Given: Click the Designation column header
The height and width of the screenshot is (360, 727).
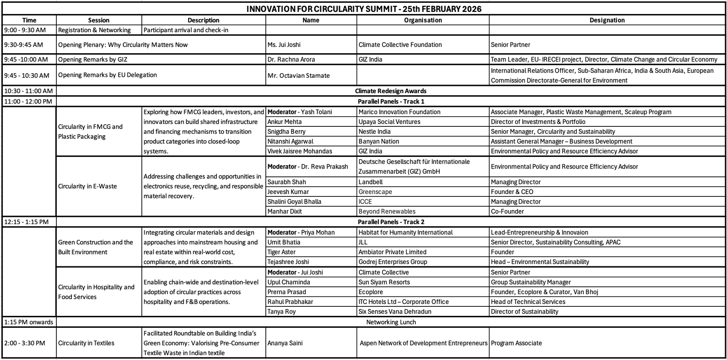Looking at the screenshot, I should tap(607, 20).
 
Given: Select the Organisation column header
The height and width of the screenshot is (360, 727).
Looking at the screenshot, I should tap(423, 20).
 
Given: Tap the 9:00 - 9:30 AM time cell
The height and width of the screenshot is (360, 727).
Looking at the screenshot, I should tap(25, 30).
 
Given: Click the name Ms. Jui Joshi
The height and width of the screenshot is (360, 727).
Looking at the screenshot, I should tap(284, 45).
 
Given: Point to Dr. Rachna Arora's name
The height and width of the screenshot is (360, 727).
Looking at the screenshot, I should tap(291, 59).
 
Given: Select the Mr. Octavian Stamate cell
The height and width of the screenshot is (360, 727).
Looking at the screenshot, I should tap(299, 75).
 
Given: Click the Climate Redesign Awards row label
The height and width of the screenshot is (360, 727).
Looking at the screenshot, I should tap(390, 91).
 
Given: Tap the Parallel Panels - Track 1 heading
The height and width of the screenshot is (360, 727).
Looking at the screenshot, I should tap(391, 101).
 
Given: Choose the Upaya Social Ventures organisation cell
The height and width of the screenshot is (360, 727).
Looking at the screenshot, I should tap(389, 122).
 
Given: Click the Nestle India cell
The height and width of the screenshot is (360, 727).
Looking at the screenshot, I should tap(374, 131).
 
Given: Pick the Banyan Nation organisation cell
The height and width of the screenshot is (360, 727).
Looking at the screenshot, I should tap(378, 141).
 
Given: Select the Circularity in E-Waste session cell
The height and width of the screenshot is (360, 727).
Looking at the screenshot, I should tap(87, 186).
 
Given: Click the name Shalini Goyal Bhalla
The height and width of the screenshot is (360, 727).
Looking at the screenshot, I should tap(294, 201).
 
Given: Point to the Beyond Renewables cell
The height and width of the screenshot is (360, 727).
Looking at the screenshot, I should tap(387, 211).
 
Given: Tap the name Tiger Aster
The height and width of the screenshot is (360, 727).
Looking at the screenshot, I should tap(281, 252).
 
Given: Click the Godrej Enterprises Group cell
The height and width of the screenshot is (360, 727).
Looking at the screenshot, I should tap(393, 262).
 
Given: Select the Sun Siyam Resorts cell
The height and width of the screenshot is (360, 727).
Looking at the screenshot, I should tap(384, 282).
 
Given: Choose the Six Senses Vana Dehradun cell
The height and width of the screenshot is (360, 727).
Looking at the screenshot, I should tap(395, 311).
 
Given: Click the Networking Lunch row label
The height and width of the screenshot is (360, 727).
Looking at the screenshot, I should tap(391, 322).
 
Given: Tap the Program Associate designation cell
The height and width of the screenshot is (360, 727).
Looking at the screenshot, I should tap(516, 343).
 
